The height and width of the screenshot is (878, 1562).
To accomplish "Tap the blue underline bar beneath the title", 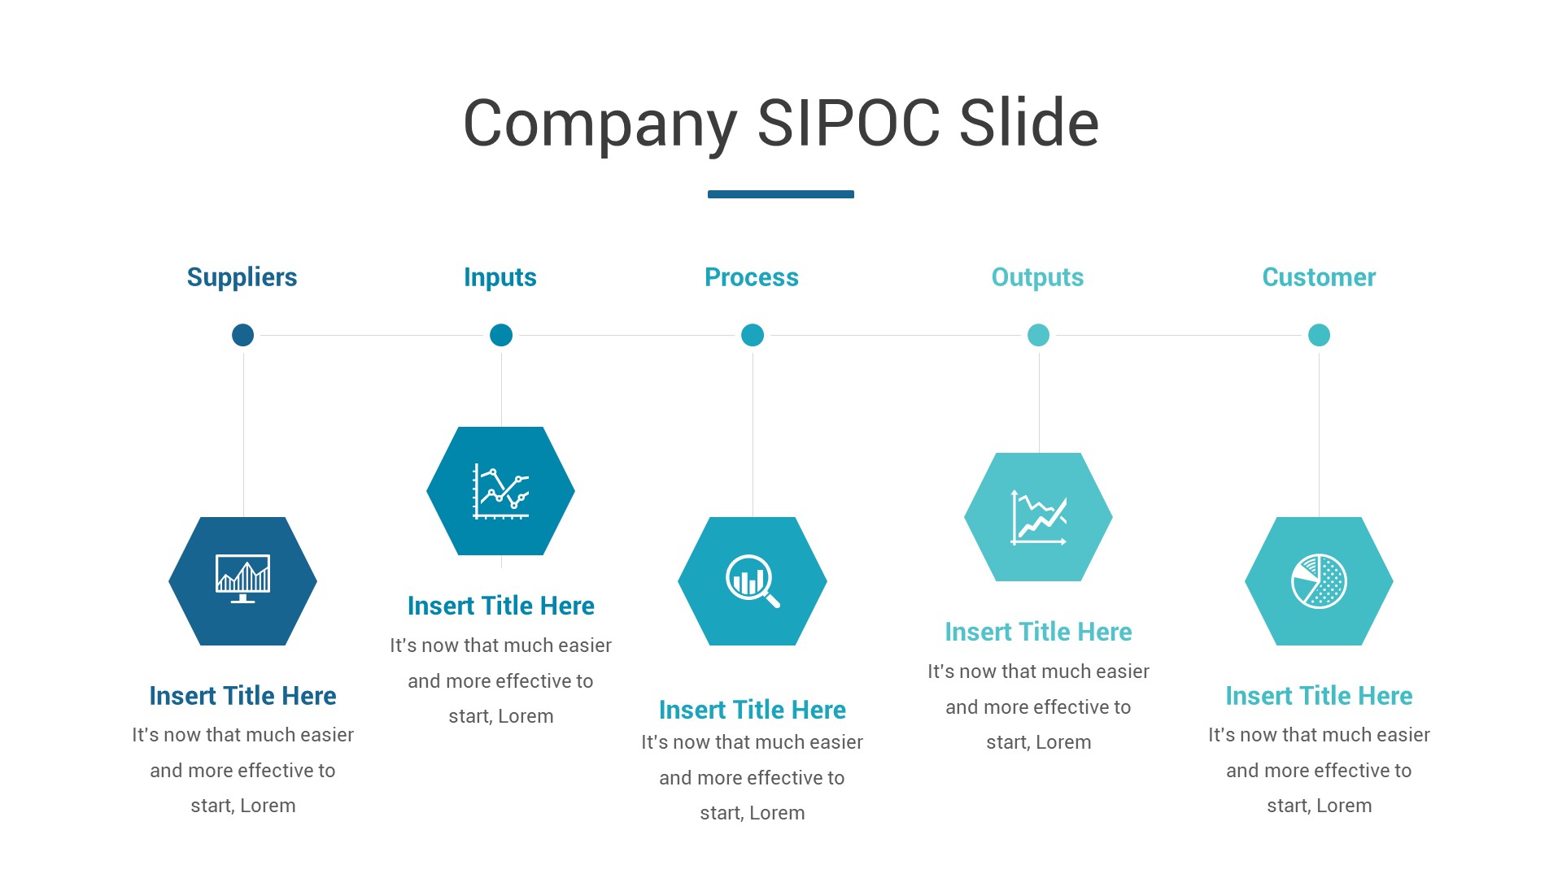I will [x=780, y=194].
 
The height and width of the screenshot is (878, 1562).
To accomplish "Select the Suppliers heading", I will [x=242, y=277].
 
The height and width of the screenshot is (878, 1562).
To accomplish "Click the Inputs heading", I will [x=500, y=277].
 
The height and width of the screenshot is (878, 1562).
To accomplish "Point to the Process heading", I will [x=751, y=277].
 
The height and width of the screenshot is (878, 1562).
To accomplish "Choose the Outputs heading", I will [x=1037, y=277].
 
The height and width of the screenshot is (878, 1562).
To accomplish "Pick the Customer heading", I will [x=1318, y=277].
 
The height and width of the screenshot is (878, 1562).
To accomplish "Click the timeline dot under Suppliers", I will [x=242, y=335].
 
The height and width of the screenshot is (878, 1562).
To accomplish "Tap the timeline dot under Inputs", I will [x=501, y=335].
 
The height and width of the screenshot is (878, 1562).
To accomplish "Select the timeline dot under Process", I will [x=753, y=335].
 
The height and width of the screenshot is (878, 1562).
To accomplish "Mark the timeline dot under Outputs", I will [x=1038, y=335].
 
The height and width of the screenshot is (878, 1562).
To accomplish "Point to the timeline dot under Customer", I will [x=1319, y=335].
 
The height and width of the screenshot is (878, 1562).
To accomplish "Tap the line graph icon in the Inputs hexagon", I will [x=501, y=491].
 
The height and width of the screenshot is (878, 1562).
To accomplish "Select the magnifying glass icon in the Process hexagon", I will [x=752, y=580].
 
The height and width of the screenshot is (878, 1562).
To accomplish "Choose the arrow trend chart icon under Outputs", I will [x=1038, y=517].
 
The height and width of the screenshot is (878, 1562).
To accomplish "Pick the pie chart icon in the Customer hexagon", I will [x=1319, y=580].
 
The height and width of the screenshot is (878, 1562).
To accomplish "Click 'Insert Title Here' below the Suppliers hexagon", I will [x=242, y=696].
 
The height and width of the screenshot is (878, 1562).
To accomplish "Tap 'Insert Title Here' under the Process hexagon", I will [x=752, y=710].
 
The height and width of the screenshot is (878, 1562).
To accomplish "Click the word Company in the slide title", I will [x=600, y=124].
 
